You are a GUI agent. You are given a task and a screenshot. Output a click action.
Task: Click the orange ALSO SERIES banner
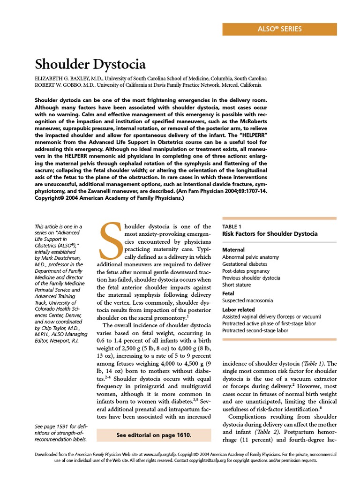(279, 29)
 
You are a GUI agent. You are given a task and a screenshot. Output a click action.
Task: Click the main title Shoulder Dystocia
(90, 64)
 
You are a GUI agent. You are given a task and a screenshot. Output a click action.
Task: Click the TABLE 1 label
(232, 226)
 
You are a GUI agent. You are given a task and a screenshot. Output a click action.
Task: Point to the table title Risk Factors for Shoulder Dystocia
(270, 233)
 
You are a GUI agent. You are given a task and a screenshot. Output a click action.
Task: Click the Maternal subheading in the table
(233, 250)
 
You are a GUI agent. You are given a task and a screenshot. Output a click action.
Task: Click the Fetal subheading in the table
(228, 293)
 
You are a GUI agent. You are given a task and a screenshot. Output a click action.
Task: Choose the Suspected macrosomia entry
(247, 300)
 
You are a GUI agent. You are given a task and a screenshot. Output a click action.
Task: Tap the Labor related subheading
(239, 309)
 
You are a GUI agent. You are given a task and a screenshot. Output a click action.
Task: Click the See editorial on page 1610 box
(154, 435)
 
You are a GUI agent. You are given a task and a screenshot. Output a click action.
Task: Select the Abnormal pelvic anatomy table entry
(250, 257)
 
